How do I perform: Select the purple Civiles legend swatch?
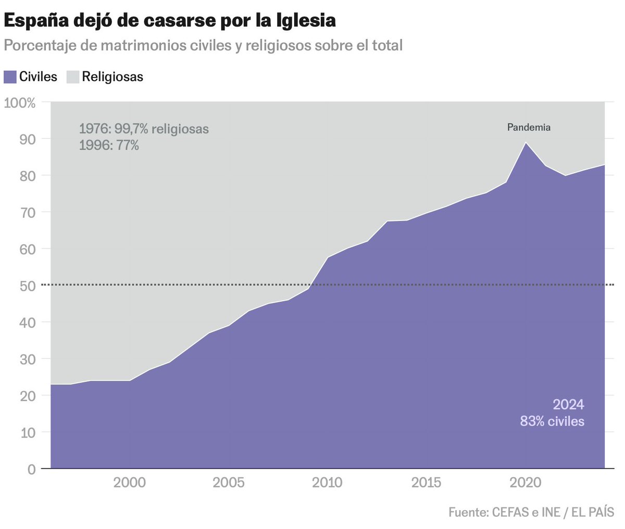(x=10, y=77)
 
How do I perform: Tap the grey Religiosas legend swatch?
(x=73, y=77)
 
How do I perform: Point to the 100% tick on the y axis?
(x=20, y=103)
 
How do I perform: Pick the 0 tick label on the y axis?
(x=31, y=469)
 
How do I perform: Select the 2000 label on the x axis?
(x=130, y=483)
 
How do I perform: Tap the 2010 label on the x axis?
(x=327, y=483)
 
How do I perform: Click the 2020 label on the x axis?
(x=525, y=483)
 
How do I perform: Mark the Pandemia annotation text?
(x=529, y=127)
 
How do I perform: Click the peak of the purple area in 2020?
(x=526, y=144)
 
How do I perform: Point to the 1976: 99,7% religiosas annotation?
(x=144, y=129)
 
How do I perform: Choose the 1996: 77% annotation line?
(x=109, y=146)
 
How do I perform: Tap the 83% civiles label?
(x=552, y=421)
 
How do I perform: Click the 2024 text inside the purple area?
(x=568, y=405)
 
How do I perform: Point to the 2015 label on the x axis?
(x=426, y=483)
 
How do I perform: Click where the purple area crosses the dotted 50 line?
(x=310, y=285)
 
